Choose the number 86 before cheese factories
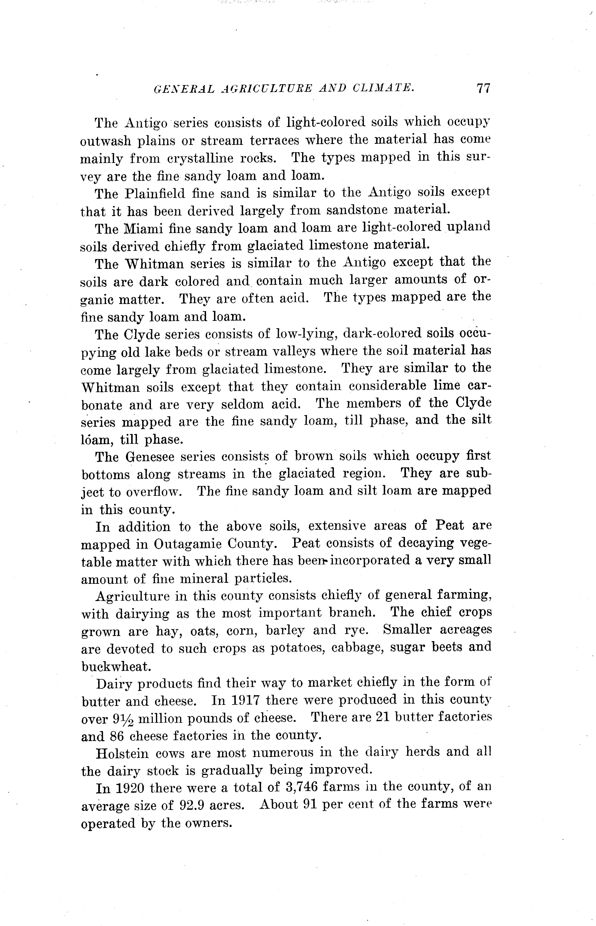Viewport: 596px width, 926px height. pyautogui.click(x=117, y=736)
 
